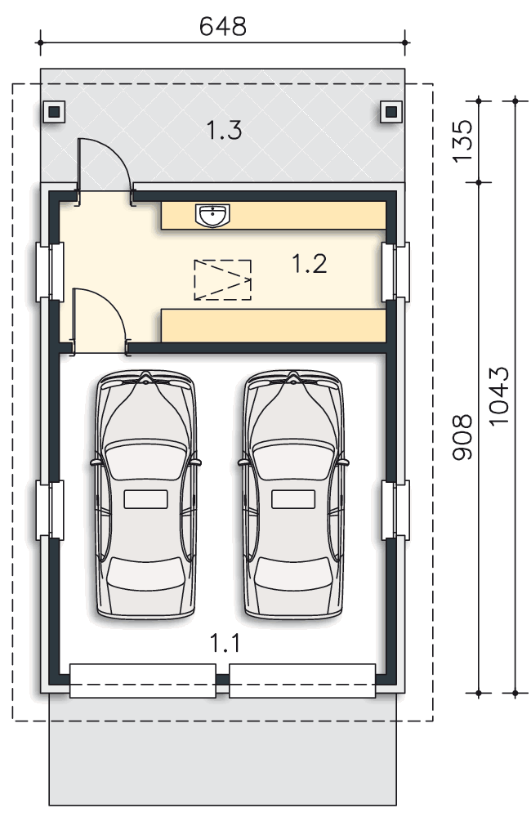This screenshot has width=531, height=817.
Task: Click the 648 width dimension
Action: (x=222, y=27)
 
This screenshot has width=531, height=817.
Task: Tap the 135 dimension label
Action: (x=462, y=141)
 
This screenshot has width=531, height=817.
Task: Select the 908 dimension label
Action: (x=462, y=437)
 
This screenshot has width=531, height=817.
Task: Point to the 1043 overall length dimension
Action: (x=498, y=395)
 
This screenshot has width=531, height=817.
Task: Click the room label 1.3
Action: (x=224, y=130)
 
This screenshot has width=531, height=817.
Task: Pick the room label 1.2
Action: (x=310, y=263)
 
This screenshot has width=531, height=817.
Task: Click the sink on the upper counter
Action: (x=212, y=215)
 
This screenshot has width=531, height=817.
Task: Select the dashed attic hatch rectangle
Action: (x=222, y=279)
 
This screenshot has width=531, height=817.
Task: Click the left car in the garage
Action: (x=146, y=494)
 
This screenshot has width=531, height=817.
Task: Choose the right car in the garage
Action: (x=294, y=494)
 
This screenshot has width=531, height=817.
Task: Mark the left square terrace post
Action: (x=54, y=111)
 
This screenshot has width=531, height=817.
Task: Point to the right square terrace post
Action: (x=391, y=111)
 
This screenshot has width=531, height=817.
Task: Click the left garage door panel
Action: (x=143, y=681)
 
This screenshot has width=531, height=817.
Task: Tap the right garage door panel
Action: (x=302, y=681)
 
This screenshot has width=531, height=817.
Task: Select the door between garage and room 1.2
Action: (x=100, y=321)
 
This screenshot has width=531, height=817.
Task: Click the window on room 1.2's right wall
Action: (x=395, y=271)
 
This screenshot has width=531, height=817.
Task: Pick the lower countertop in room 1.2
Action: (x=274, y=326)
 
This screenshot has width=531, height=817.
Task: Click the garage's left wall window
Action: (x=50, y=510)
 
